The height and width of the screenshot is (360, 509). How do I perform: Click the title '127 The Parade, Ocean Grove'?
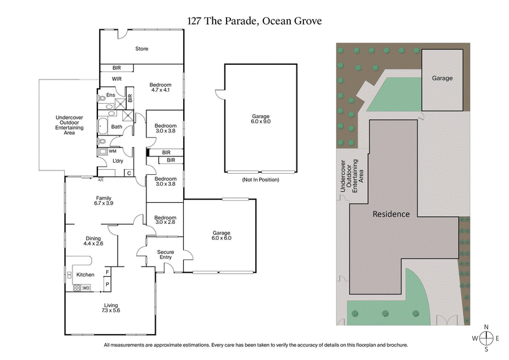click(x=254, y=20)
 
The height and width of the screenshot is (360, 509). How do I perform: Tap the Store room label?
click(x=141, y=48)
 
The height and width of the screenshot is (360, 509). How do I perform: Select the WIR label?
click(x=116, y=79)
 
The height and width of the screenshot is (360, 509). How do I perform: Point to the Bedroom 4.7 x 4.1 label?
click(x=160, y=88)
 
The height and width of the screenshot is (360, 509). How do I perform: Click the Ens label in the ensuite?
click(x=110, y=95)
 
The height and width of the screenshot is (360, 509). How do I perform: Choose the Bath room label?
click(x=116, y=127)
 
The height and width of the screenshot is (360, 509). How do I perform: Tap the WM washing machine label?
click(x=113, y=151)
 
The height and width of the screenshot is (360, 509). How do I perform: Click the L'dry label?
click(x=117, y=161)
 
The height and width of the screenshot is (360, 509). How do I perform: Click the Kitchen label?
click(x=85, y=275)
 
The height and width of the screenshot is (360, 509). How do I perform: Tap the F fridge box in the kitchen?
click(x=107, y=272)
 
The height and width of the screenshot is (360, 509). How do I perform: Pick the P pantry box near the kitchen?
click(x=107, y=284)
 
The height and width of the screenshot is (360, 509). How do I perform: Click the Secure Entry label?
click(x=165, y=256)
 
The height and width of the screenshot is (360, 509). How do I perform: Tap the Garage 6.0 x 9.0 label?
click(x=261, y=120)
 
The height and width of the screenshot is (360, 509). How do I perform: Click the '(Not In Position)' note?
click(x=261, y=180)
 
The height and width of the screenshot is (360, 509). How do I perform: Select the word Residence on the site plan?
click(x=391, y=214)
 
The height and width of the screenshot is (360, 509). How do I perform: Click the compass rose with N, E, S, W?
click(x=486, y=338)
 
